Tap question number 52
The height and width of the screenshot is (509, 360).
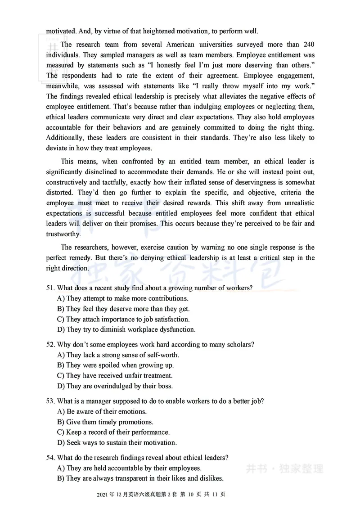50,345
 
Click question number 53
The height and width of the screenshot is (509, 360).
50,401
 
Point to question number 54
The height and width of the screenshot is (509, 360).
50,458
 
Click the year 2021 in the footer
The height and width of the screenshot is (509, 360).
103,495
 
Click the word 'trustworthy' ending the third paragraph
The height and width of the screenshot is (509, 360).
63,234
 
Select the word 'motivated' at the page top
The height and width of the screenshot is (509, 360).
61,32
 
